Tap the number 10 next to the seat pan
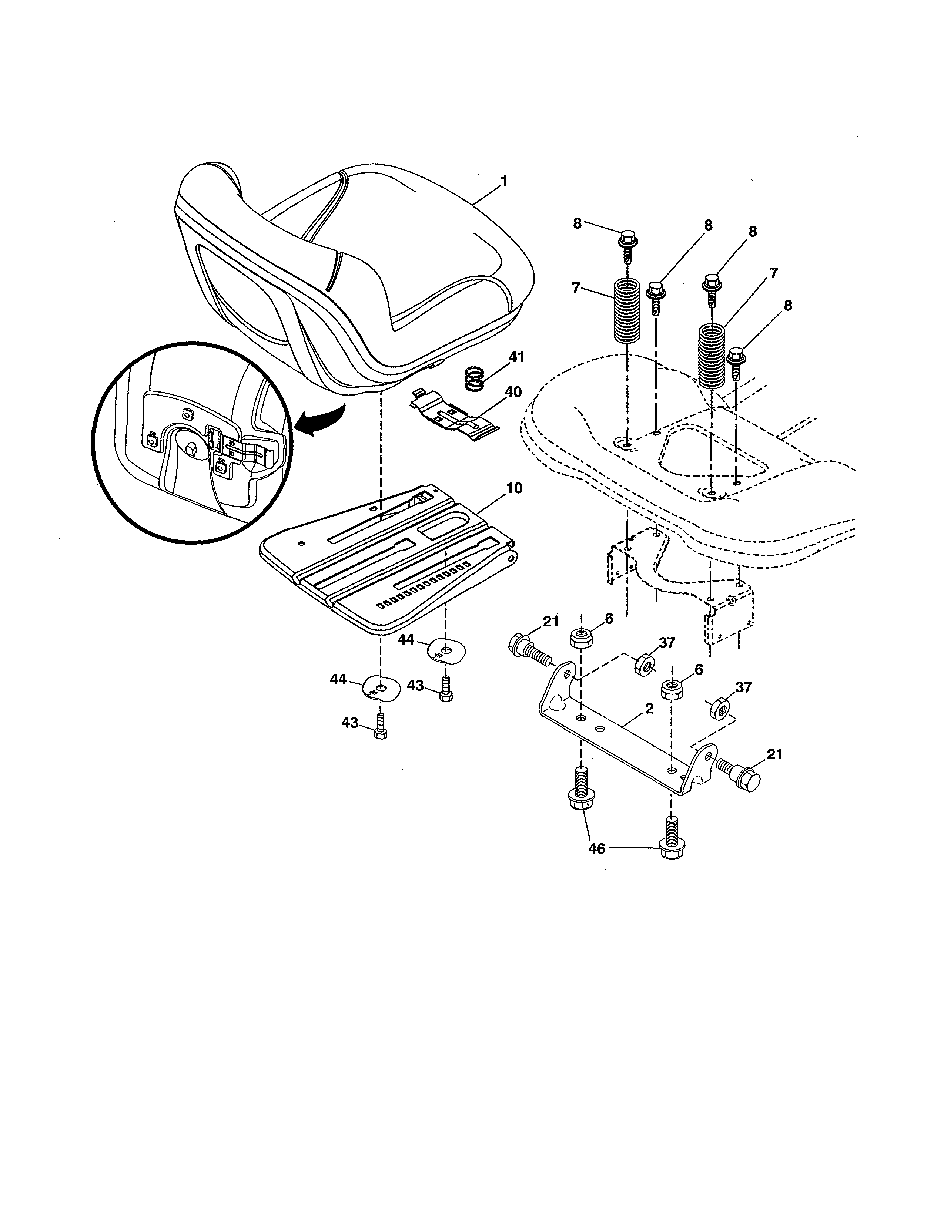coord(514,488)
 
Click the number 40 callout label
coord(513,392)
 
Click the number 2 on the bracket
coord(649,708)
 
